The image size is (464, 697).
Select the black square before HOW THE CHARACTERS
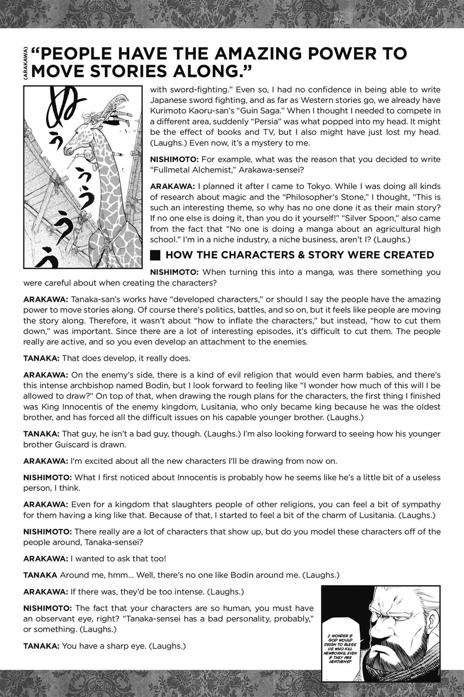point(155,255)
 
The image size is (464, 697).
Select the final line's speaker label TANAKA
point(41,646)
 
